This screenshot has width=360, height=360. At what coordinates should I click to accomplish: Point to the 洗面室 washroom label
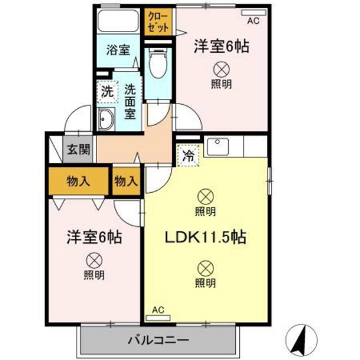(x=130, y=102)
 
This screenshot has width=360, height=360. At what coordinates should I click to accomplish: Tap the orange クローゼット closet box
(x=159, y=22)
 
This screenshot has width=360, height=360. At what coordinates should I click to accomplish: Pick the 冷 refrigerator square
(x=188, y=155)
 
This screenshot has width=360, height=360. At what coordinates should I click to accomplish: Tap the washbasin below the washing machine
(x=106, y=119)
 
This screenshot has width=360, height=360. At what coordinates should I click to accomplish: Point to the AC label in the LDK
(x=157, y=310)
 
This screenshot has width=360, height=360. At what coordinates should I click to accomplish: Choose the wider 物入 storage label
(x=78, y=181)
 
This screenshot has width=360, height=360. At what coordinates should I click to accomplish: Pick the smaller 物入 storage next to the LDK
(x=125, y=181)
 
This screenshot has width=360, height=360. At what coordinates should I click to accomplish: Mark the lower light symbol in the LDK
(x=205, y=267)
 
